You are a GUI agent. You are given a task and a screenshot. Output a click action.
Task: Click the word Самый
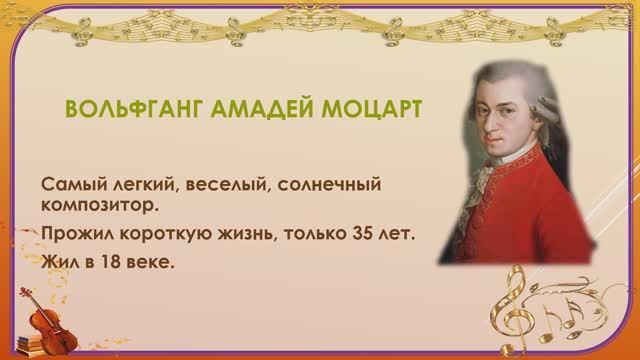coord(70,187)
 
